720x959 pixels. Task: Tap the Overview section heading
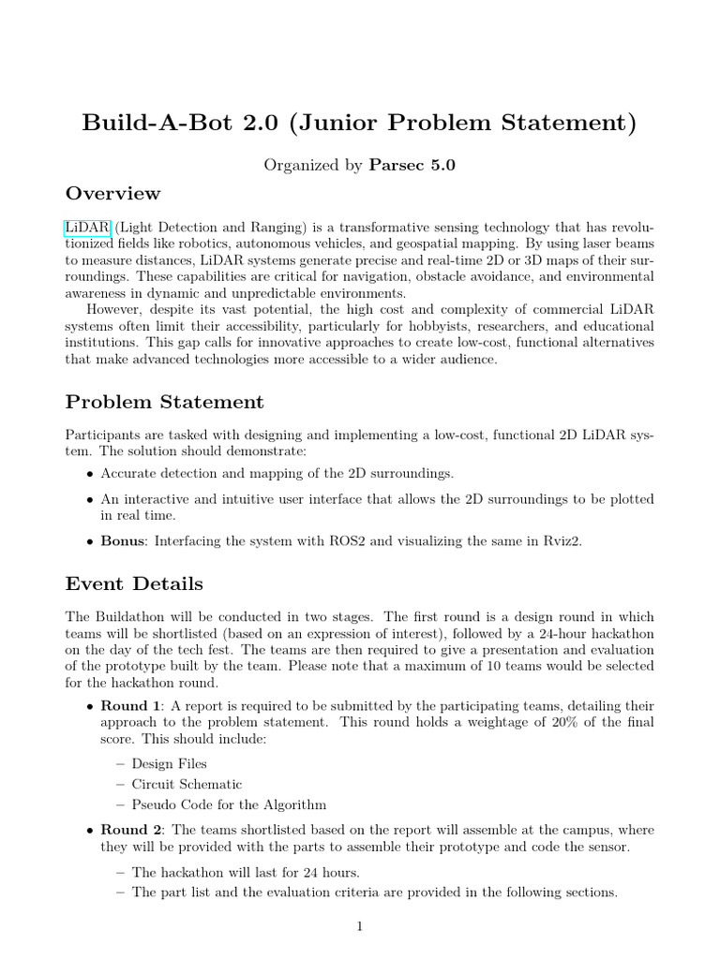click(x=112, y=194)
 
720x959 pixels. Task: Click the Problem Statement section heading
click(x=164, y=403)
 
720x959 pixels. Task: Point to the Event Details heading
click(x=133, y=584)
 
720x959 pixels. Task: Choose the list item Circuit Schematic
click(x=187, y=784)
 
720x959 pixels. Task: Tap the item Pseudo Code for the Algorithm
click(x=229, y=804)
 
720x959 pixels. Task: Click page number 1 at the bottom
click(x=359, y=927)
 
